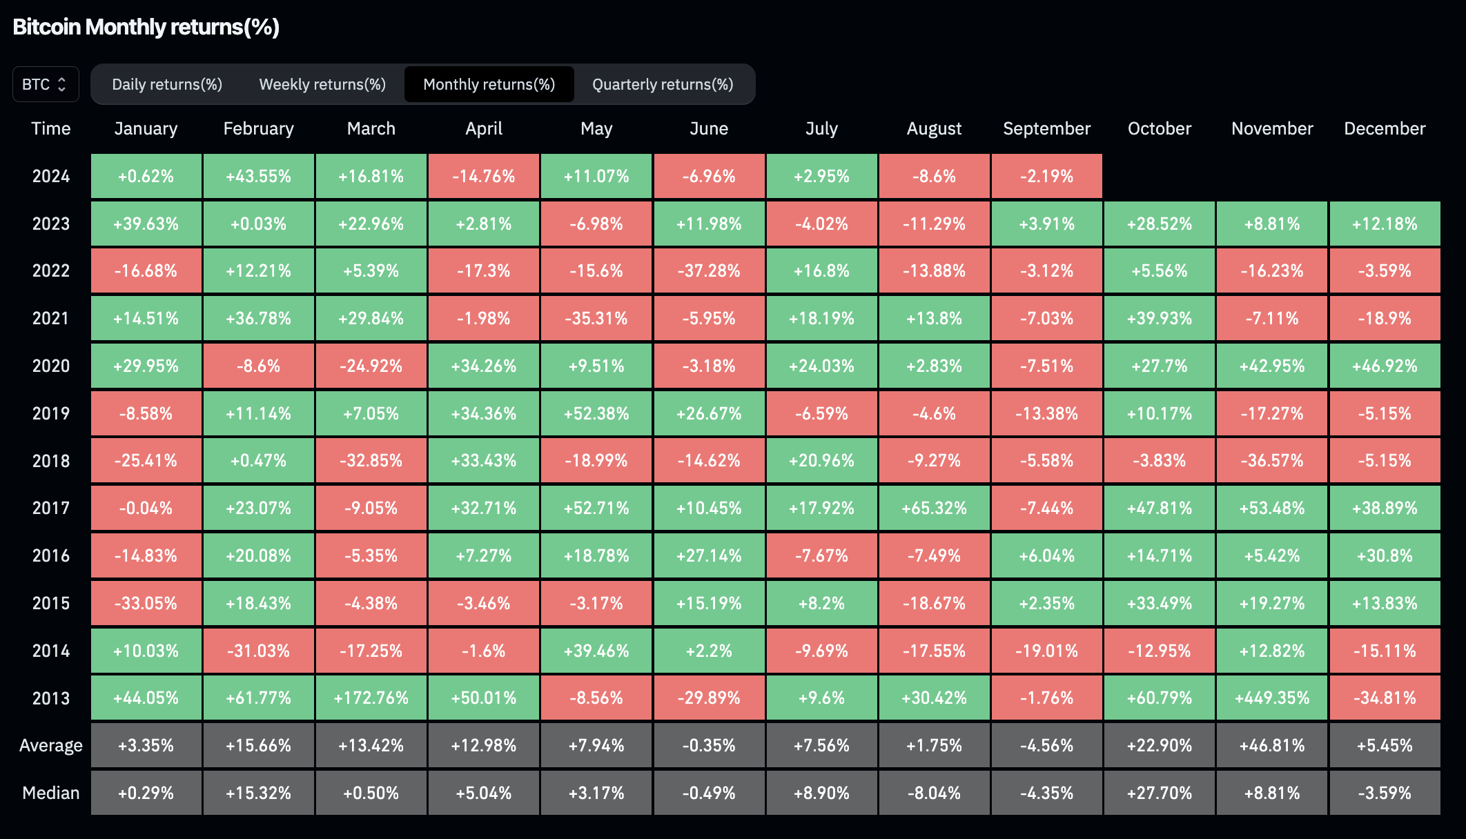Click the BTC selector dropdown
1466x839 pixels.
point(46,84)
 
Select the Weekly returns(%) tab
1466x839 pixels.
point(322,84)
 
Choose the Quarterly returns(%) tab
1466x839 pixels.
point(663,84)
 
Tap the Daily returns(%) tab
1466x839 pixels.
point(167,84)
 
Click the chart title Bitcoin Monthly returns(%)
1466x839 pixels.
point(146,27)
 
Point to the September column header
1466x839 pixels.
point(1046,128)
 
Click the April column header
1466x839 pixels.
point(484,128)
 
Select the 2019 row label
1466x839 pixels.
point(51,413)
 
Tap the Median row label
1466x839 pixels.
point(51,793)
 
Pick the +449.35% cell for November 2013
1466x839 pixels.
point(1272,698)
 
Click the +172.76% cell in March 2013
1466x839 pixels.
point(371,698)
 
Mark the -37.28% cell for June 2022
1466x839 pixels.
point(709,270)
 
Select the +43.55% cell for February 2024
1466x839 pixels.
point(259,176)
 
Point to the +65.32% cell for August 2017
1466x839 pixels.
point(934,508)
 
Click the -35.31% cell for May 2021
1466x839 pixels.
point(596,318)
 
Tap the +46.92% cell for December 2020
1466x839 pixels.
point(1385,366)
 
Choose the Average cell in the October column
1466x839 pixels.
point(1160,745)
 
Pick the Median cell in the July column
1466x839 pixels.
point(821,793)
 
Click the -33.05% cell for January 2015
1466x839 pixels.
point(146,603)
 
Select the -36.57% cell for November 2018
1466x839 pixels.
point(1272,460)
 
